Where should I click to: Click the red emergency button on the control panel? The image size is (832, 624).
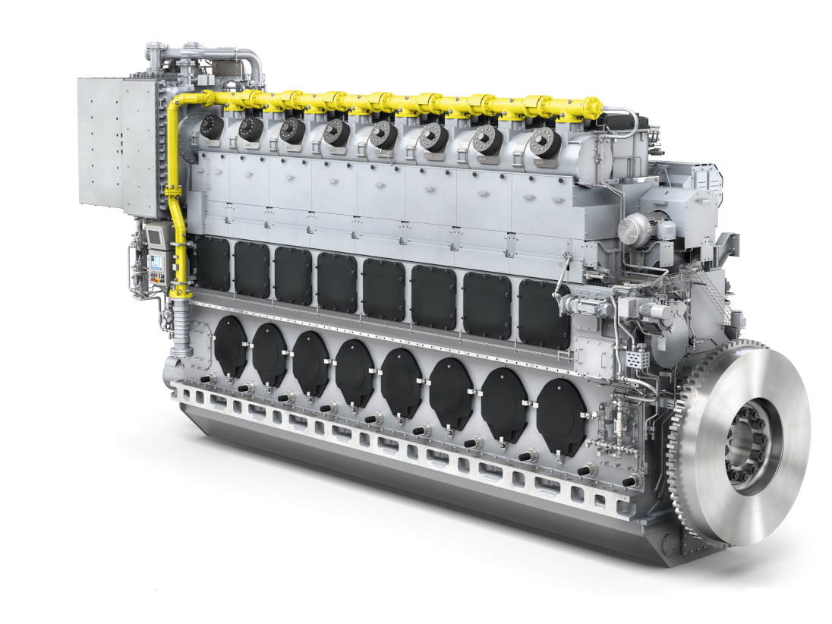tap(157, 282)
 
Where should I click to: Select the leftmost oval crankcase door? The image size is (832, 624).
tap(231, 346)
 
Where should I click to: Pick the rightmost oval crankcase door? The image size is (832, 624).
tap(561, 416)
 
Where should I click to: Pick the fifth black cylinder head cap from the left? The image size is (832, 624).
tap(384, 134)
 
